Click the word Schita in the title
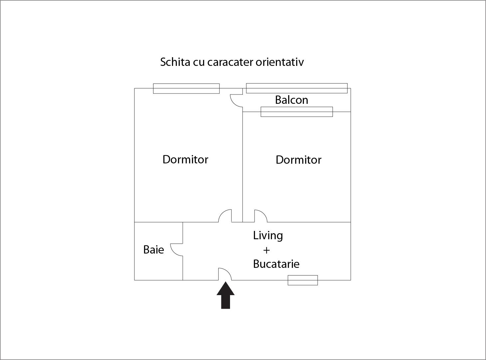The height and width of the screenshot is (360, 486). tap(175, 62)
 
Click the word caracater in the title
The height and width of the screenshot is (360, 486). tap(230, 62)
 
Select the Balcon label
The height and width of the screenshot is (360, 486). tap(291, 100)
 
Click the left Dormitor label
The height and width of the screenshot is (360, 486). tap(185, 159)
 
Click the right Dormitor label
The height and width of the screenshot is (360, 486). tap(299, 160)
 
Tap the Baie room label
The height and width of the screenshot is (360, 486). tap(153, 250)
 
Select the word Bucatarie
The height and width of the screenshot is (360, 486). tap(276, 264)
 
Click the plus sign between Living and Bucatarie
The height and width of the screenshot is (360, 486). tap(266, 250)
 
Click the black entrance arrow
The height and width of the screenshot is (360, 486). tap(225, 295)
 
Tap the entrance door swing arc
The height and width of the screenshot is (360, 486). tap(225, 274)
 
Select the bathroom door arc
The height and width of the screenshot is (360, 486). tap(177, 250)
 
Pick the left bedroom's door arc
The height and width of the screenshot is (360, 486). tap(225, 216)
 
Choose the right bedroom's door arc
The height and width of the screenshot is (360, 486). tap(261, 216)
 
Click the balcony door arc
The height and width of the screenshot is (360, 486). tap(236, 101)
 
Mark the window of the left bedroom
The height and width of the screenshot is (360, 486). tap(186, 89)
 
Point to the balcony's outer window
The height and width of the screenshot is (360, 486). tap(297, 88)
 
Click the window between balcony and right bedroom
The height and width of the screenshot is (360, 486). tap(297, 112)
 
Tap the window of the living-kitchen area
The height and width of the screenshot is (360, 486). tap(303, 280)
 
